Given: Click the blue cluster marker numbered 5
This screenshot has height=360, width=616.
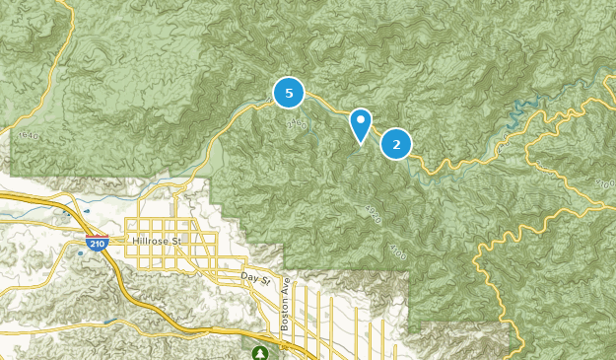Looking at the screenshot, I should click(289, 94).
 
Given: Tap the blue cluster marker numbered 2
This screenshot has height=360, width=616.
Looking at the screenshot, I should click(396, 145).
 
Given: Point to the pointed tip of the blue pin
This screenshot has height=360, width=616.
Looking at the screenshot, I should click(362, 144).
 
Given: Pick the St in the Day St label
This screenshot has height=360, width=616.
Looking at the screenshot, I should click(264, 280).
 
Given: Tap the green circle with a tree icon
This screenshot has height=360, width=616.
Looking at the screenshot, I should click(260, 352).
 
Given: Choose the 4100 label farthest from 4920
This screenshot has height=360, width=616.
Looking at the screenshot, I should click(602, 183).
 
